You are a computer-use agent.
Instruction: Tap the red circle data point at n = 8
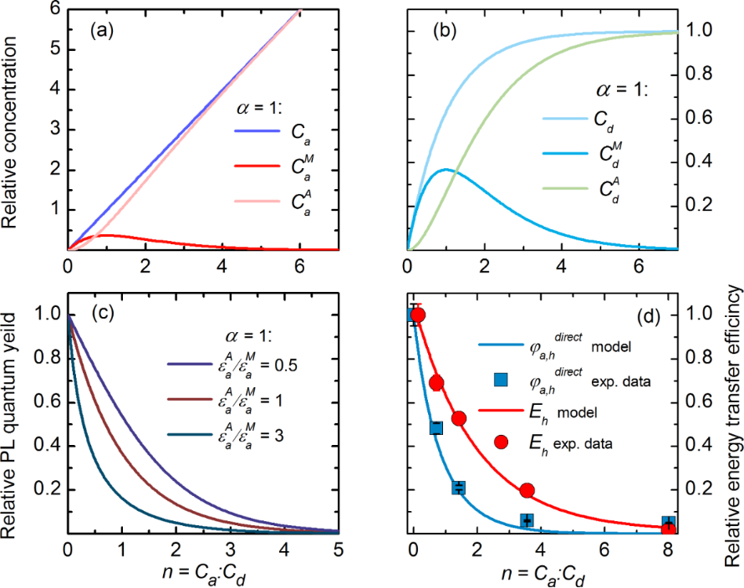[x=669, y=527]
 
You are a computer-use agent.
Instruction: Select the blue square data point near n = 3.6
[x=527, y=520]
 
